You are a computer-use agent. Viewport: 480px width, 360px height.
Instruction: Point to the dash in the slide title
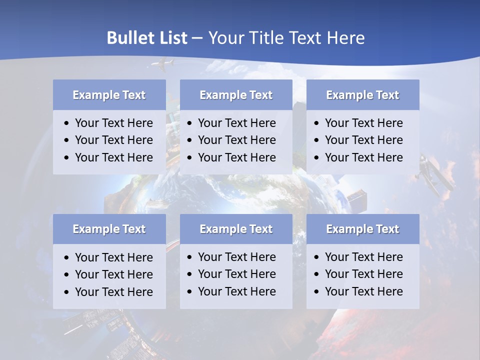tap(197, 38)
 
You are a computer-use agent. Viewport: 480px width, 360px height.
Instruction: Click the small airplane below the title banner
tap(162, 63)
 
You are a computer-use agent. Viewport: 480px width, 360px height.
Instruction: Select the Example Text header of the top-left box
tap(109, 95)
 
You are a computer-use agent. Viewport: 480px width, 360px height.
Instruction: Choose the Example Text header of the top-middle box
tap(236, 95)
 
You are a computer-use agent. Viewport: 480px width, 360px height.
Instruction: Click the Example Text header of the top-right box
tap(362, 95)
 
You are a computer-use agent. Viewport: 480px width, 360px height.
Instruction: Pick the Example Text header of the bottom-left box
tap(109, 229)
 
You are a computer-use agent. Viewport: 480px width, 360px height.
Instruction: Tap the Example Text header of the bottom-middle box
tap(236, 229)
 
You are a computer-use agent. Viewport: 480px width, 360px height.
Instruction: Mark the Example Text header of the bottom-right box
tap(362, 229)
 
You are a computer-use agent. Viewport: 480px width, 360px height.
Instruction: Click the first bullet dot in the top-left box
tap(67, 123)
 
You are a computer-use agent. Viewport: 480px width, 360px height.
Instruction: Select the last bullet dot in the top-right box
tap(317, 158)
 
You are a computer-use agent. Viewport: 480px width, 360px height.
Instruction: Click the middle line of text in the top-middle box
tap(236, 140)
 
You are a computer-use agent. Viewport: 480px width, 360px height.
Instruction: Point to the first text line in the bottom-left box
tap(113, 257)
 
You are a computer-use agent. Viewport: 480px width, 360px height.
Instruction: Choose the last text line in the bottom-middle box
tap(236, 291)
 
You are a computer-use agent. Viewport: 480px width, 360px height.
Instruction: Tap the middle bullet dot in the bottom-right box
tap(317, 274)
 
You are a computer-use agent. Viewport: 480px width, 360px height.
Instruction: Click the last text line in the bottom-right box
tap(363, 291)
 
